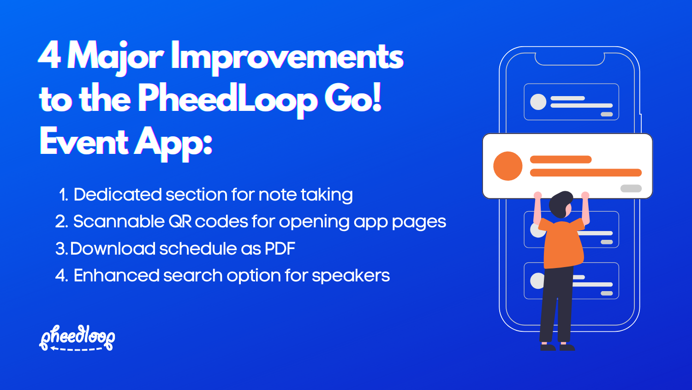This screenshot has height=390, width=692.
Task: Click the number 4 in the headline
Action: pyautogui.click(x=49, y=55)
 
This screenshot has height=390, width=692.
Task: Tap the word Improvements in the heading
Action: pyautogui.click(x=287, y=57)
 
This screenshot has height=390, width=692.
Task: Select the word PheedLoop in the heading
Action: pyautogui.click(x=227, y=99)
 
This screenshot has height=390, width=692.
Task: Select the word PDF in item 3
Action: pyautogui.click(x=280, y=249)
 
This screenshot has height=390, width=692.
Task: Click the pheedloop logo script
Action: pyautogui.click(x=77, y=337)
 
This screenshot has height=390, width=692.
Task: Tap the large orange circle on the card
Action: pyautogui.click(x=507, y=166)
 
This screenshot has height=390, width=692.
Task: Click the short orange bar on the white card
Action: pyautogui.click(x=561, y=160)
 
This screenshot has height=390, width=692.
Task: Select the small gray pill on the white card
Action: pyautogui.click(x=631, y=188)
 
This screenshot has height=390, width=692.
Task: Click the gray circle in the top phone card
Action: pyautogui.click(x=538, y=102)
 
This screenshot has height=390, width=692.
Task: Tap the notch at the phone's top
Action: pyautogui.click(x=570, y=59)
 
